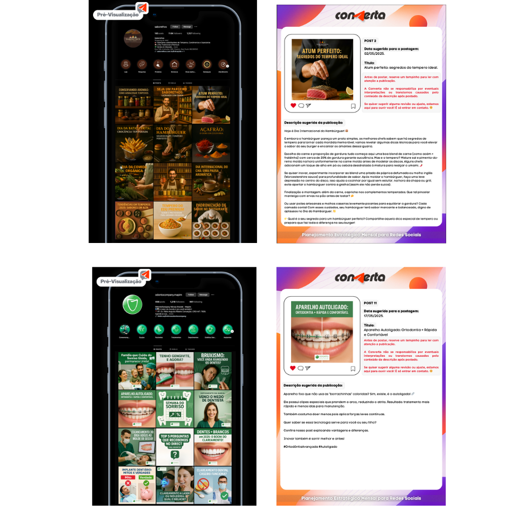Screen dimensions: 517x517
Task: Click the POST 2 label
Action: point(370,40)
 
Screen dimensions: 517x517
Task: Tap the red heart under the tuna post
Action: point(293,105)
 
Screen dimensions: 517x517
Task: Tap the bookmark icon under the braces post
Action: point(353,369)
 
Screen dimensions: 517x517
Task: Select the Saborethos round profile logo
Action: point(134,38)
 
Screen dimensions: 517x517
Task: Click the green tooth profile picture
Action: point(132,304)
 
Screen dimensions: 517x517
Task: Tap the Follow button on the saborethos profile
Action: point(175,26)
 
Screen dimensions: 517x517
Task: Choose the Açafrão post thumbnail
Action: point(210,143)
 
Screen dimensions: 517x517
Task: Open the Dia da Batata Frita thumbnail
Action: point(134,143)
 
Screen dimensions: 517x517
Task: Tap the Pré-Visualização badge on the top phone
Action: point(118,14)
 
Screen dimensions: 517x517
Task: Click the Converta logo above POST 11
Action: point(360,278)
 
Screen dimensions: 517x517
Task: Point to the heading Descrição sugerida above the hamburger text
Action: point(314,123)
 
